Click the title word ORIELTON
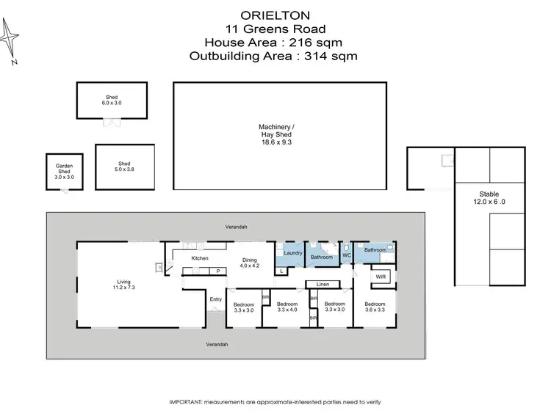[275, 15]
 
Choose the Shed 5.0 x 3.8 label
[124, 167]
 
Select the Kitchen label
[200, 258]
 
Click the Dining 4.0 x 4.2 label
[251, 262]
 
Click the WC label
[347, 255]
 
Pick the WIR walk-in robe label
[381, 277]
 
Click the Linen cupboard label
[323, 284]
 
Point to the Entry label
[215, 299]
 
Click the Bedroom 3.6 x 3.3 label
[375, 307]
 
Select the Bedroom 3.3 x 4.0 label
[287, 307]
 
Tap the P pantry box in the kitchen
[217, 271]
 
